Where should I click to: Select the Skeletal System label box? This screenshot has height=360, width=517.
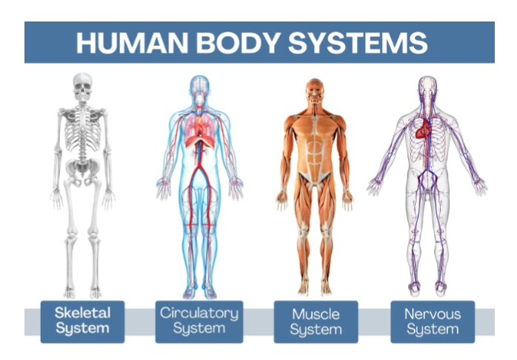click(82, 321)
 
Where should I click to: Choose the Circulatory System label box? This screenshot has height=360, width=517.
click(199, 321)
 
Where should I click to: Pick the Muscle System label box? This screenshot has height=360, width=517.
click(316, 321)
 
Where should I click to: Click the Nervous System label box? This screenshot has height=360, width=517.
click(433, 321)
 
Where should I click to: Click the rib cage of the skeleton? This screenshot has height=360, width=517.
click(83, 130)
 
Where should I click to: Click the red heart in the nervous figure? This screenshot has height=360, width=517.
click(424, 130)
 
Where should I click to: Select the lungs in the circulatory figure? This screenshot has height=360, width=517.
click(199, 126)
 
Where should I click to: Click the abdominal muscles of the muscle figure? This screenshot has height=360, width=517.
click(315, 152)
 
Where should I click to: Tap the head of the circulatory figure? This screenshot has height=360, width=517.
click(199, 86)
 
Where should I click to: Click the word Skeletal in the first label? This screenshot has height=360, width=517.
click(82, 313)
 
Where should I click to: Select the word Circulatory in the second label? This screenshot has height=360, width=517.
click(199, 313)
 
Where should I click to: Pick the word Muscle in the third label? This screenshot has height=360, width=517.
click(316, 313)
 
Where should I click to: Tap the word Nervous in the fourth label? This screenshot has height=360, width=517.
click(433, 313)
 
